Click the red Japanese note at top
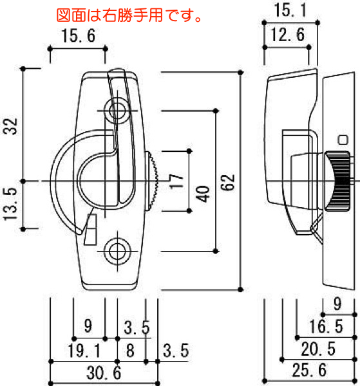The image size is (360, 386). click(x=129, y=15)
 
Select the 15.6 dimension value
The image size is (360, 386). click(x=78, y=35)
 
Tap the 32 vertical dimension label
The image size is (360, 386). click(x=10, y=126)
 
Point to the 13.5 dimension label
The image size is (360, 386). click(x=10, y=204)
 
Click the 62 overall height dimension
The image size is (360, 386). click(x=227, y=183)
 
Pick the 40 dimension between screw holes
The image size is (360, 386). click(x=203, y=194)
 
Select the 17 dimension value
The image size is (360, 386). click(x=177, y=181)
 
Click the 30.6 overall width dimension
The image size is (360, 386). click(x=104, y=372)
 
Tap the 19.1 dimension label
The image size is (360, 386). click(x=84, y=351)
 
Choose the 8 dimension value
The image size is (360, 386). click(x=130, y=351)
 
